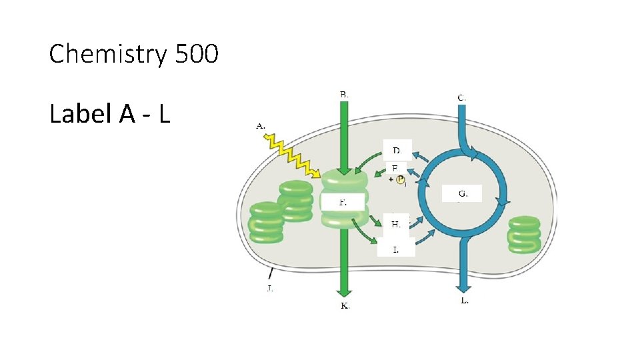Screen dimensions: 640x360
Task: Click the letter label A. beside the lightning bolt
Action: [x=261, y=125]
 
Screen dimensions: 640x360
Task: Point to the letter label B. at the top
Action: [x=344, y=95]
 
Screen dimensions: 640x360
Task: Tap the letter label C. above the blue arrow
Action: [x=461, y=97]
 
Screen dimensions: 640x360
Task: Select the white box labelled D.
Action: [x=397, y=149]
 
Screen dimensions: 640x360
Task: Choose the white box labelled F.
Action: [x=343, y=201]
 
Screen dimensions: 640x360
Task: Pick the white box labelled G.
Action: [x=462, y=193]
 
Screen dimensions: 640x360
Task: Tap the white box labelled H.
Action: [x=396, y=224]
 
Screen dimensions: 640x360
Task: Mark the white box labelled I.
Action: [x=396, y=249]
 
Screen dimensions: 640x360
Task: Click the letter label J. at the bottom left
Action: [x=269, y=288]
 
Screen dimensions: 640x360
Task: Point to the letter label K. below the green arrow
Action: [x=345, y=305]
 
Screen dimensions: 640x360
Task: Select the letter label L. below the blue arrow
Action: [x=465, y=301]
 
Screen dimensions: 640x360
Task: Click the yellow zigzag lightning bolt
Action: [x=292, y=158]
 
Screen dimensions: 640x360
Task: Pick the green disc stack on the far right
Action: [x=525, y=234]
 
